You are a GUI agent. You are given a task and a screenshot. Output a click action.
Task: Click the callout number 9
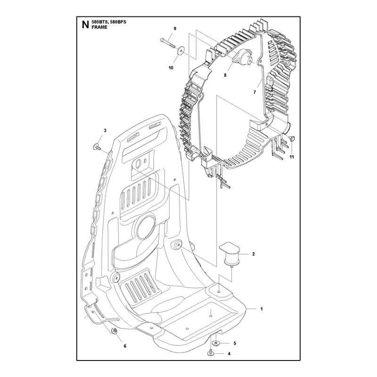175,29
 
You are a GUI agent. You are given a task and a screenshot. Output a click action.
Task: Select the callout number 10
171,68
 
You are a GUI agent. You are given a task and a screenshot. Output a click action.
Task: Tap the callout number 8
225,75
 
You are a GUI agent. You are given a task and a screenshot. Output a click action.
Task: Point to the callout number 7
254,92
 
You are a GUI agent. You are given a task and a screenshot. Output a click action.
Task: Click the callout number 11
292,157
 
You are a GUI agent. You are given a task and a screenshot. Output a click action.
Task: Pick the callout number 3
105,131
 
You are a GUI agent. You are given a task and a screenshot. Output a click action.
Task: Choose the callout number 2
254,254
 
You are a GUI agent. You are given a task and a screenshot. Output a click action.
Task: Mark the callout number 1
262,309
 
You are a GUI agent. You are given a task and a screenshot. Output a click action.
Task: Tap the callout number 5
235,343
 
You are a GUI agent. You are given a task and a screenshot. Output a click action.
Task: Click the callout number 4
229,354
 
